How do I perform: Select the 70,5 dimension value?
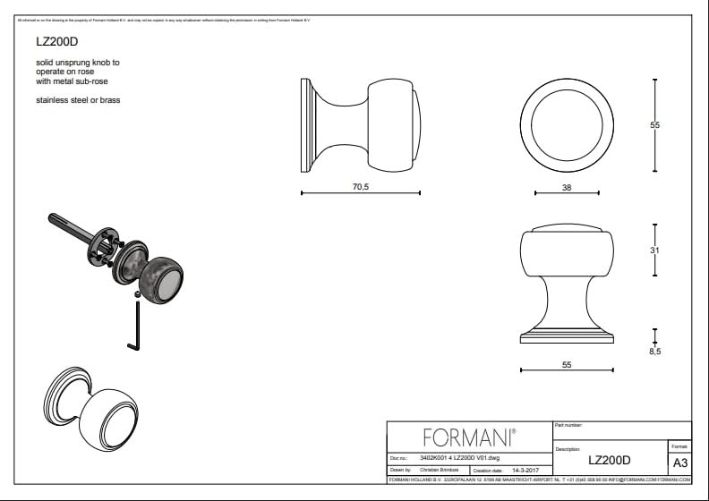pos(361,186)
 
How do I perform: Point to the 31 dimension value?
pos(654,250)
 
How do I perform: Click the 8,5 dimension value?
pos(654,351)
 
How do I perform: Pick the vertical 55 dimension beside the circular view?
pos(654,125)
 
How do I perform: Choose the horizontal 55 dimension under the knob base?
pos(566,364)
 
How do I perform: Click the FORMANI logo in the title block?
pos(468,437)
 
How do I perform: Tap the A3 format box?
pos(679,463)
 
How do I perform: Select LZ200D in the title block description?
pos(609,461)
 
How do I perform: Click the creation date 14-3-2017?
pos(524,469)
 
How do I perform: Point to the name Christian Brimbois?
pos(439,469)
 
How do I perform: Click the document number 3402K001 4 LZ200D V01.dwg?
pos(459,456)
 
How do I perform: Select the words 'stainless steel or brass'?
pos(78,100)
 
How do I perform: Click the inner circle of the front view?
pos(566,124)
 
